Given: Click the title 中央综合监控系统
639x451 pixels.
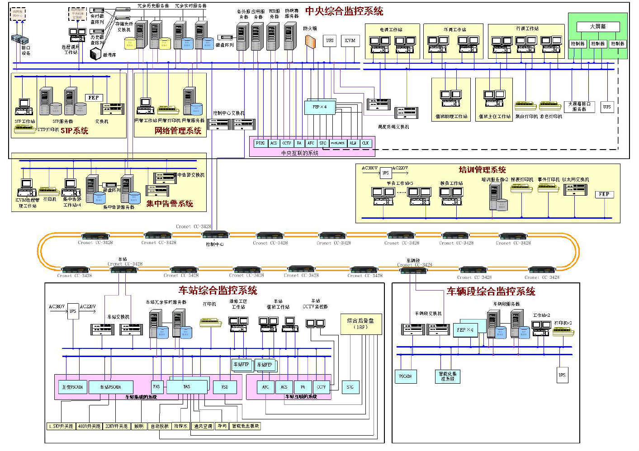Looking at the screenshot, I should pos(344,11).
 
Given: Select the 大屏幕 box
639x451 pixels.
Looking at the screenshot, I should pos(597,27).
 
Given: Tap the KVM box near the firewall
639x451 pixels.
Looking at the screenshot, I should pos(350,41).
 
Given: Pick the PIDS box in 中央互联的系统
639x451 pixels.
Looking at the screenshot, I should pos(260,143).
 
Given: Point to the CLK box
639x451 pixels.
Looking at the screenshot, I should pos(365,143).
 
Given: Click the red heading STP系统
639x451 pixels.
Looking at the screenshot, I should pos(75,131).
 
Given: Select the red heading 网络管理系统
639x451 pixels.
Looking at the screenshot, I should pos(178,131).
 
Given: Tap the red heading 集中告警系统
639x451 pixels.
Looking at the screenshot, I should pos(170,204).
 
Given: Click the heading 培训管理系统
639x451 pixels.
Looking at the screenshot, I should pos(482,170).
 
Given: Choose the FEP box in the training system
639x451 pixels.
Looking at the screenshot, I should pos(604,194).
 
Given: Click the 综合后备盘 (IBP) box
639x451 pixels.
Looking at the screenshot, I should pos(360,324).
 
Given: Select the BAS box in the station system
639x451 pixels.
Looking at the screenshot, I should pos(187,387).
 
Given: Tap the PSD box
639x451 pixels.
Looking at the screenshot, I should pos(225,387).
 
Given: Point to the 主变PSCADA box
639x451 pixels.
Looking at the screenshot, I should pos(72,387).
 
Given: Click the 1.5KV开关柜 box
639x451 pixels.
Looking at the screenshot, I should pos(61,426).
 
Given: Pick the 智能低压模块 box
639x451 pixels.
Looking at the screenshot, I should pos(245,426).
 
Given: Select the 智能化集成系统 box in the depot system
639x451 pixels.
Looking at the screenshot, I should pos(448,376).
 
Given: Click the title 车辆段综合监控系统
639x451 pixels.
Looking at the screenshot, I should pos(491,291).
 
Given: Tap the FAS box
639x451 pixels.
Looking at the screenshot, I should pos(156,387).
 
